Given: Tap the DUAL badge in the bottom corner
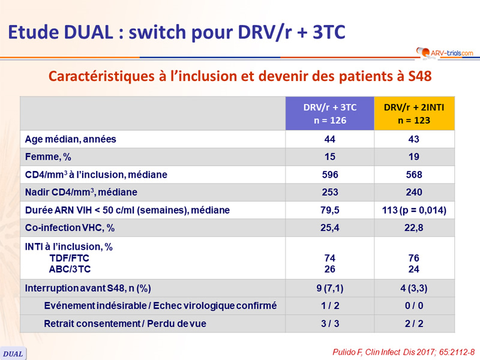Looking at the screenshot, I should coord(13,353).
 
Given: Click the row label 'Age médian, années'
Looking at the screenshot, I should coord(70,139).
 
